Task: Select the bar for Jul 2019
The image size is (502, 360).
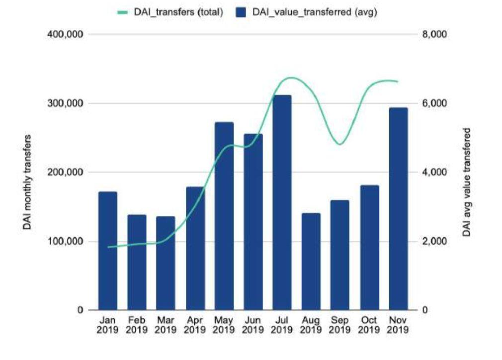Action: [x=282, y=202]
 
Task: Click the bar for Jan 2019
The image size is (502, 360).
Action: [x=108, y=251]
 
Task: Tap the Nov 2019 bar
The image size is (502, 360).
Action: [x=398, y=209]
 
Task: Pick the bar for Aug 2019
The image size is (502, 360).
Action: [x=311, y=262]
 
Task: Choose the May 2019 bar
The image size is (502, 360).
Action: [x=224, y=216]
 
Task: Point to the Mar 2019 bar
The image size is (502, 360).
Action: [x=166, y=263]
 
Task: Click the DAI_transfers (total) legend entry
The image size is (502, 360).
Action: [x=170, y=12]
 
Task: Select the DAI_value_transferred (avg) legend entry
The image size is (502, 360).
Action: [x=306, y=12]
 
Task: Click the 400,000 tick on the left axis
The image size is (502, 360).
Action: [x=65, y=34]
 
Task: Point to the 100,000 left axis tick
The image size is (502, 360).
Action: [x=65, y=241]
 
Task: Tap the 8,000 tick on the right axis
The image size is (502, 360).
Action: [x=434, y=34]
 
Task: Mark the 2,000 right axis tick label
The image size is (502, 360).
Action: [x=434, y=241]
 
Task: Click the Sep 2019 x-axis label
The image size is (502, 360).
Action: [x=339, y=325]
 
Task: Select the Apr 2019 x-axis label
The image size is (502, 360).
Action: [x=195, y=325]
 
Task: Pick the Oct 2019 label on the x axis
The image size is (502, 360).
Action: [x=369, y=325]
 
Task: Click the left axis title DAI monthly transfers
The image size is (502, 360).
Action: [x=27, y=182]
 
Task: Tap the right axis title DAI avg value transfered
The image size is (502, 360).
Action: [x=467, y=182]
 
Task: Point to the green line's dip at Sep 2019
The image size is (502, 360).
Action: [x=340, y=144]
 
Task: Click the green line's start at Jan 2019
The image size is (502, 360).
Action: [x=108, y=247]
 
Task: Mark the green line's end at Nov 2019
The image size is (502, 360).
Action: [x=397, y=82]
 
